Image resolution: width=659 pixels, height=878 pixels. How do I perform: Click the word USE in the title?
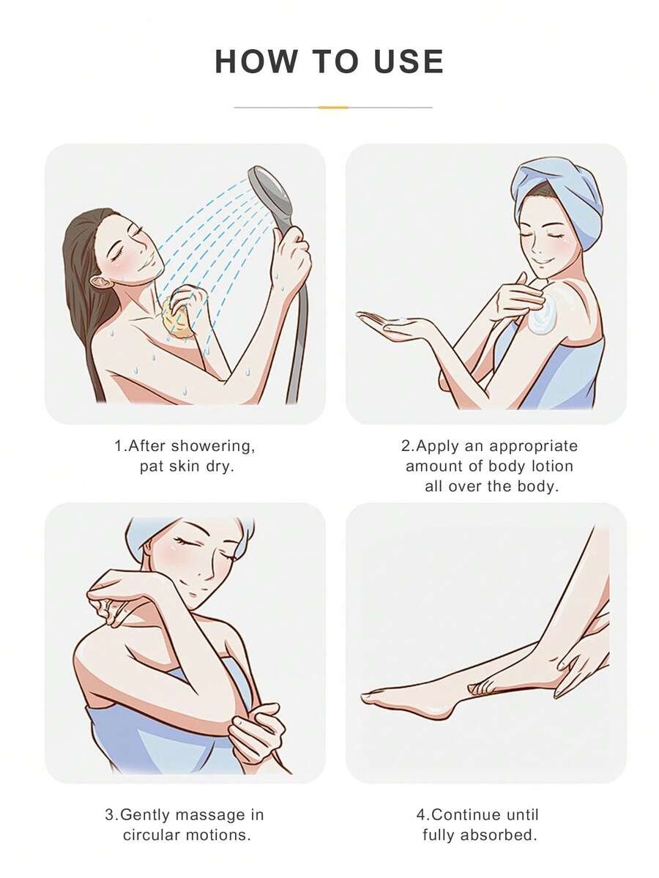pyautogui.click(x=408, y=61)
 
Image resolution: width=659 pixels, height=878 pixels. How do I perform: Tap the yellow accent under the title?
pyautogui.click(x=333, y=107)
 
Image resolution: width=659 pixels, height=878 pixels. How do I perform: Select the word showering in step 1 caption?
pyautogui.click(x=213, y=446)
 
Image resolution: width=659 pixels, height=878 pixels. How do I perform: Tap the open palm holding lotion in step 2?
pyautogui.click(x=392, y=324)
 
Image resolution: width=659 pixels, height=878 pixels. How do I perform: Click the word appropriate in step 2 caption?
pyautogui.click(x=532, y=446)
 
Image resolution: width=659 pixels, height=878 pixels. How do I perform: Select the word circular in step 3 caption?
pyautogui.click(x=151, y=835)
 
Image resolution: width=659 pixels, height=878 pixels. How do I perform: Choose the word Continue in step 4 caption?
pyautogui.click(x=467, y=815)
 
